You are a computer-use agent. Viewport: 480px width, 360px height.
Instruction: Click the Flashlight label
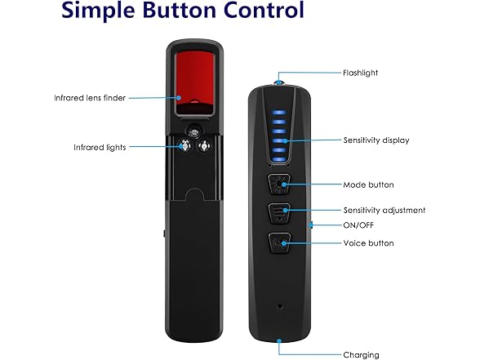click(x=360, y=73)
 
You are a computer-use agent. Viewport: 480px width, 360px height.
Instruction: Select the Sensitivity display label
click(x=376, y=140)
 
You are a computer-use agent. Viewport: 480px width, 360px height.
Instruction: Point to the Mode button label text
click(x=369, y=184)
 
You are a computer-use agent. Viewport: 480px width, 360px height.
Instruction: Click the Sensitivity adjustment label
click(x=384, y=211)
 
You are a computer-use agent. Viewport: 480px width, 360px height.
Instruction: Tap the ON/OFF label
click(x=358, y=225)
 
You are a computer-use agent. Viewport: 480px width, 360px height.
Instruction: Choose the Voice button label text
click(x=369, y=243)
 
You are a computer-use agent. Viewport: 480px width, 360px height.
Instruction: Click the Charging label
click(x=361, y=355)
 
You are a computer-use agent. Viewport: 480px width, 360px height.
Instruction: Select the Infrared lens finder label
click(x=90, y=98)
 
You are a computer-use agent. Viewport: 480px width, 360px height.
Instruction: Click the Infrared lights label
click(x=100, y=148)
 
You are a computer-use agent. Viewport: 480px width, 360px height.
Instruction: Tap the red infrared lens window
click(x=194, y=82)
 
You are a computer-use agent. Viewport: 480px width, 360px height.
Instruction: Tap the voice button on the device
click(x=279, y=243)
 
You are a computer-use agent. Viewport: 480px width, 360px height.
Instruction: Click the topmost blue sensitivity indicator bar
click(x=279, y=112)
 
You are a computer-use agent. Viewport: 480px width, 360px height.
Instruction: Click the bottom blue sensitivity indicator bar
click(x=279, y=159)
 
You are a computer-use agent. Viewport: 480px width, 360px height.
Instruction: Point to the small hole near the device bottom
click(x=280, y=306)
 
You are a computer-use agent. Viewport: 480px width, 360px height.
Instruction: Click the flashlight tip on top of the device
click(x=278, y=82)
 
